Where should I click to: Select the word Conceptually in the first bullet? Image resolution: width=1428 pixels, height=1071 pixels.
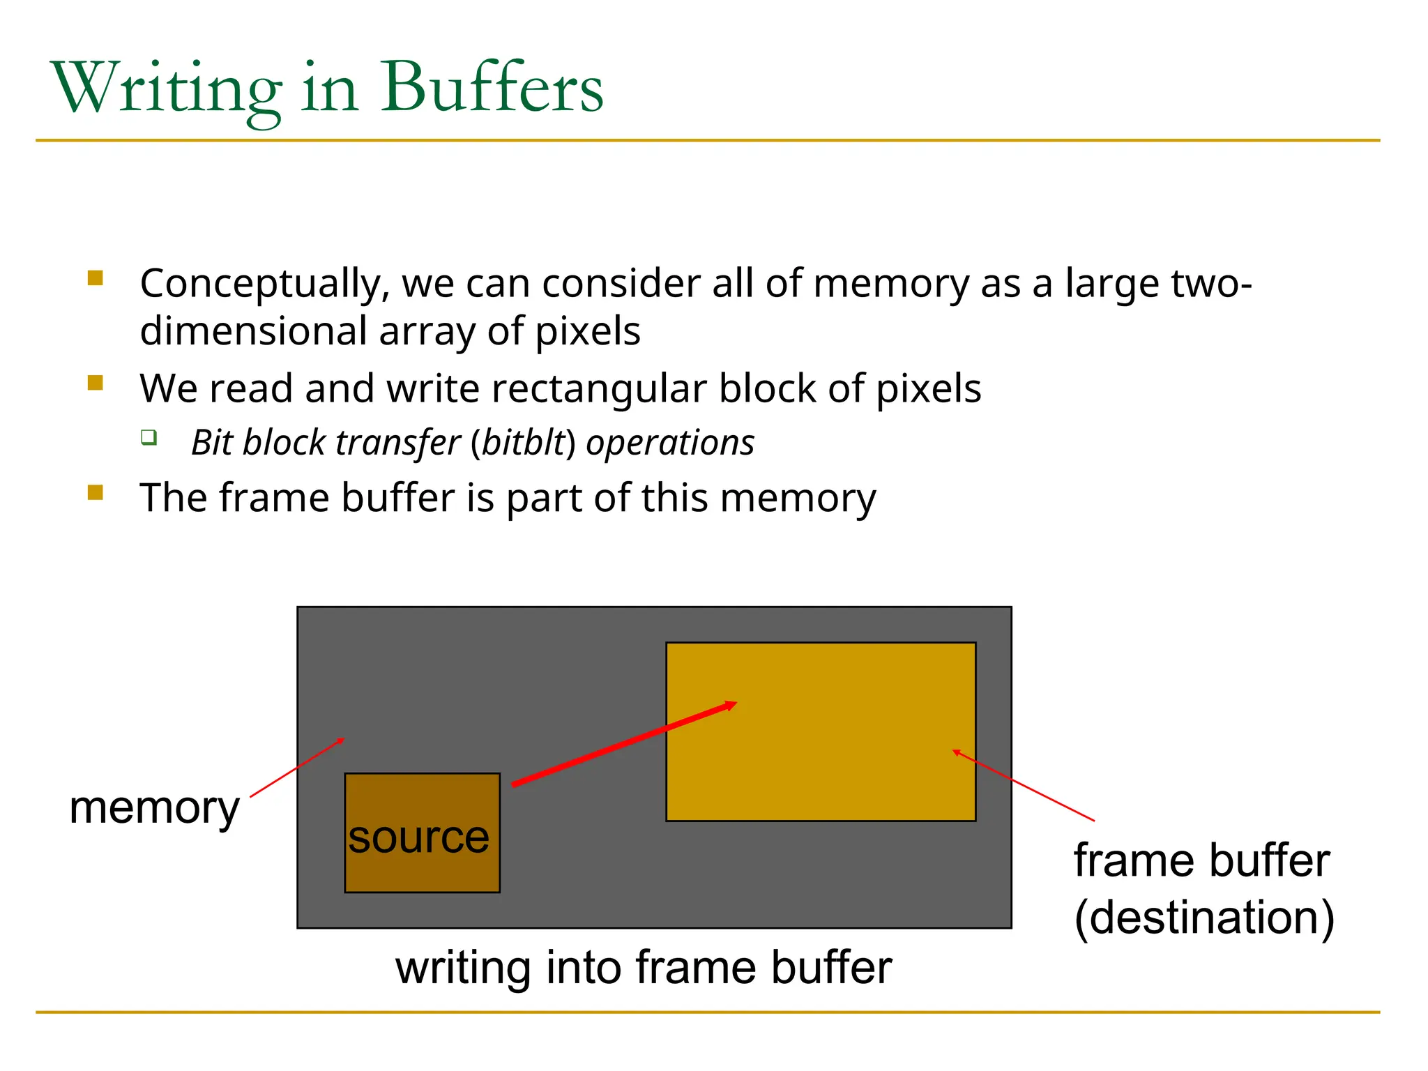[264, 284]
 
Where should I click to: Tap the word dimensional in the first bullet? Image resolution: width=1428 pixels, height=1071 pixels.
[253, 331]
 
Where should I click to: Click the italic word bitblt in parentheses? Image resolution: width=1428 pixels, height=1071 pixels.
[523, 443]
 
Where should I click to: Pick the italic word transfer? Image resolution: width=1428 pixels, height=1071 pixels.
[398, 443]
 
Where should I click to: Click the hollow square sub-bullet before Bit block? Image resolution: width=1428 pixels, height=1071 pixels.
[149, 438]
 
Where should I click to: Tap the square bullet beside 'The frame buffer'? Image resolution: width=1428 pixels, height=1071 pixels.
[96, 493]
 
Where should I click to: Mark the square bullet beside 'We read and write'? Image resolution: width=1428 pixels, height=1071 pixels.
[96, 383]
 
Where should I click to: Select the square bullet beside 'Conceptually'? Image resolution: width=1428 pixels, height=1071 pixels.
[96, 279]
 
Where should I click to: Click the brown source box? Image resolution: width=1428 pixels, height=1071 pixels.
[422, 802]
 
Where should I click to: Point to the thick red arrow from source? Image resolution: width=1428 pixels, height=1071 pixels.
[624, 745]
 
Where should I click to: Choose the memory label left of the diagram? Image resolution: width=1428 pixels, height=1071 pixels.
[154, 809]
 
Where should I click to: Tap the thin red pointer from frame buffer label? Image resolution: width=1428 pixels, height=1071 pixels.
[1024, 785]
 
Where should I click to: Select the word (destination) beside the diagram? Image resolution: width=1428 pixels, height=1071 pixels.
[1204, 918]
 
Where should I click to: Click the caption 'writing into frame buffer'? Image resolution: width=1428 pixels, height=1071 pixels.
[643, 968]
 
